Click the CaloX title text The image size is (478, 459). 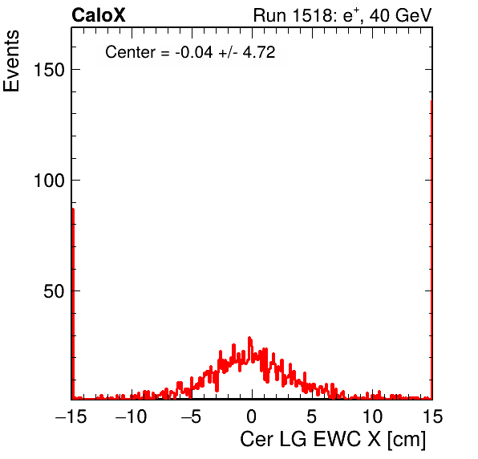point(99,15)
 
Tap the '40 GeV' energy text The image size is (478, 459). point(401,15)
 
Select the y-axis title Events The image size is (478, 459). point(11,61)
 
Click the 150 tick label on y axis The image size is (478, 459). point(49,70)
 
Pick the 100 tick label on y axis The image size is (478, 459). point(49,181)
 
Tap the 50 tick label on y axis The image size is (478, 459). point(54,291)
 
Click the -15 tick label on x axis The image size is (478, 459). point(71,416)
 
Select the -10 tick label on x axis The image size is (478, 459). point(131,416)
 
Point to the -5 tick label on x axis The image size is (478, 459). point(191,416)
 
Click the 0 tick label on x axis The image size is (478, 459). point(252,416)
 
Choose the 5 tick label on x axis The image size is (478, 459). point(311,416)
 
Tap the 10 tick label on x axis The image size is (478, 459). point(372,416)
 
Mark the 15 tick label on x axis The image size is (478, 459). point(432,416)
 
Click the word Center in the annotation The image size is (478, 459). point(130,52)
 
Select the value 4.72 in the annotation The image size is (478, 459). point(259,52)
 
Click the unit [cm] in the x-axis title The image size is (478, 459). point(407,440)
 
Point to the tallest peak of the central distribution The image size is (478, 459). point(249,338)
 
